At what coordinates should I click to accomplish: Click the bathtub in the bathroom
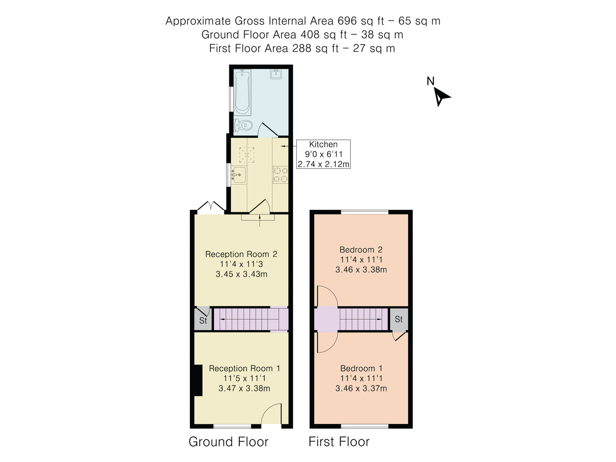242,93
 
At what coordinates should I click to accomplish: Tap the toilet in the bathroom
243,125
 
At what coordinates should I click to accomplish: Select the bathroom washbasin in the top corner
276,75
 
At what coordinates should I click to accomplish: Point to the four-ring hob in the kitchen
280,175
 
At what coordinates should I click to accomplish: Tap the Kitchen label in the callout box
323,145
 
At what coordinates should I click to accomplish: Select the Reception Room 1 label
244,369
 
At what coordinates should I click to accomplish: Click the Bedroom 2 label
361,250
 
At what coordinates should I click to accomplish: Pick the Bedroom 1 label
361,369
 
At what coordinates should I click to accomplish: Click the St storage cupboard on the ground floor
203,321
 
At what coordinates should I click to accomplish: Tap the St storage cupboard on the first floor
399,319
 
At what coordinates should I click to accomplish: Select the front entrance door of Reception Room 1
272,415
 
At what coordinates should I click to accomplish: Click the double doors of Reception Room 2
210,206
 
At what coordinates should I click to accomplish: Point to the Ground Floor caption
228,442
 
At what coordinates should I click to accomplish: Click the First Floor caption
339,442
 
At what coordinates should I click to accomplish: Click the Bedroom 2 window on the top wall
365,211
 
